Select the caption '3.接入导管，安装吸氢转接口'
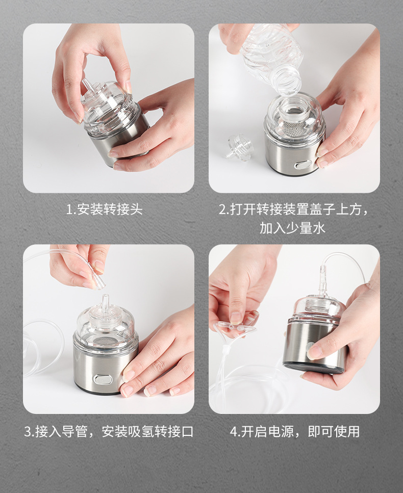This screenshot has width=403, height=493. click(x=109, y=432)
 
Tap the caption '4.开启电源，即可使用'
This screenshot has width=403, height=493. click(x=294, y=432)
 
